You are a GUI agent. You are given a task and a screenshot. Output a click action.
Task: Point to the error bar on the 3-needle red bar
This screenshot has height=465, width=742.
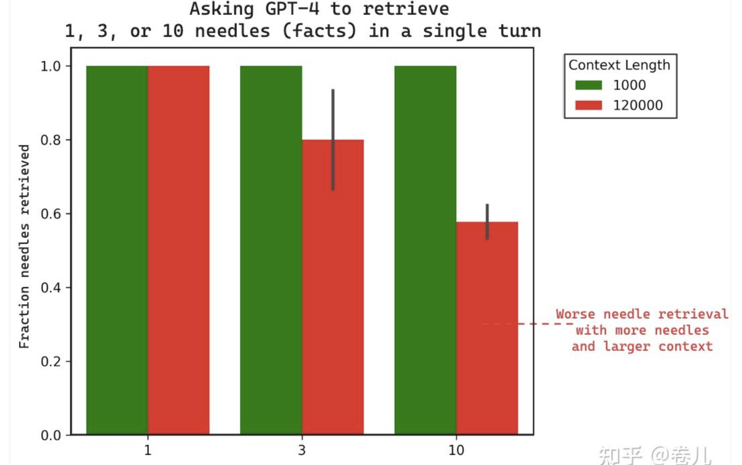(333, 139)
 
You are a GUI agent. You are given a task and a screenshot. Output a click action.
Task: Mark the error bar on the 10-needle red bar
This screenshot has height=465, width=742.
(487, 222)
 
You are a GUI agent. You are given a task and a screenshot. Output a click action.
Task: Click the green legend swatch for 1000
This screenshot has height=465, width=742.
(588, 85)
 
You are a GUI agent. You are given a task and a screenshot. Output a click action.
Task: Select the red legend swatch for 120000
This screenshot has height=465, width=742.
(588, 105)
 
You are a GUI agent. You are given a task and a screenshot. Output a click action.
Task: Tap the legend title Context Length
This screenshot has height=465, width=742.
(619, 65)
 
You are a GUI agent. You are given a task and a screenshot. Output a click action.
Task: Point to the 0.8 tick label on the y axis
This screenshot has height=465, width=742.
(51, 140)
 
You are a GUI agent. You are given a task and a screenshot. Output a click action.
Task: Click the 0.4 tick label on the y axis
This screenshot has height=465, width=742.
(51, 288)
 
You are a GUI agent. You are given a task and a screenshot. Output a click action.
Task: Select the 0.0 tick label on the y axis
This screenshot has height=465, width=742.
(51, 435)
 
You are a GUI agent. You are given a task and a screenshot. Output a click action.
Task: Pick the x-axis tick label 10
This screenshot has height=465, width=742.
(456, 450)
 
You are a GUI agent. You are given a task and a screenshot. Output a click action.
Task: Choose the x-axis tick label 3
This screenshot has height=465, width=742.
(302, 450)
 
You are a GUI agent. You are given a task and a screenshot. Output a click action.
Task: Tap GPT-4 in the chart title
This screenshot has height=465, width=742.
(292, 9)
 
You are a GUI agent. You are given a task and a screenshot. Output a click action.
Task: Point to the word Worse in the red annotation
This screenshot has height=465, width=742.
(575, 314)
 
